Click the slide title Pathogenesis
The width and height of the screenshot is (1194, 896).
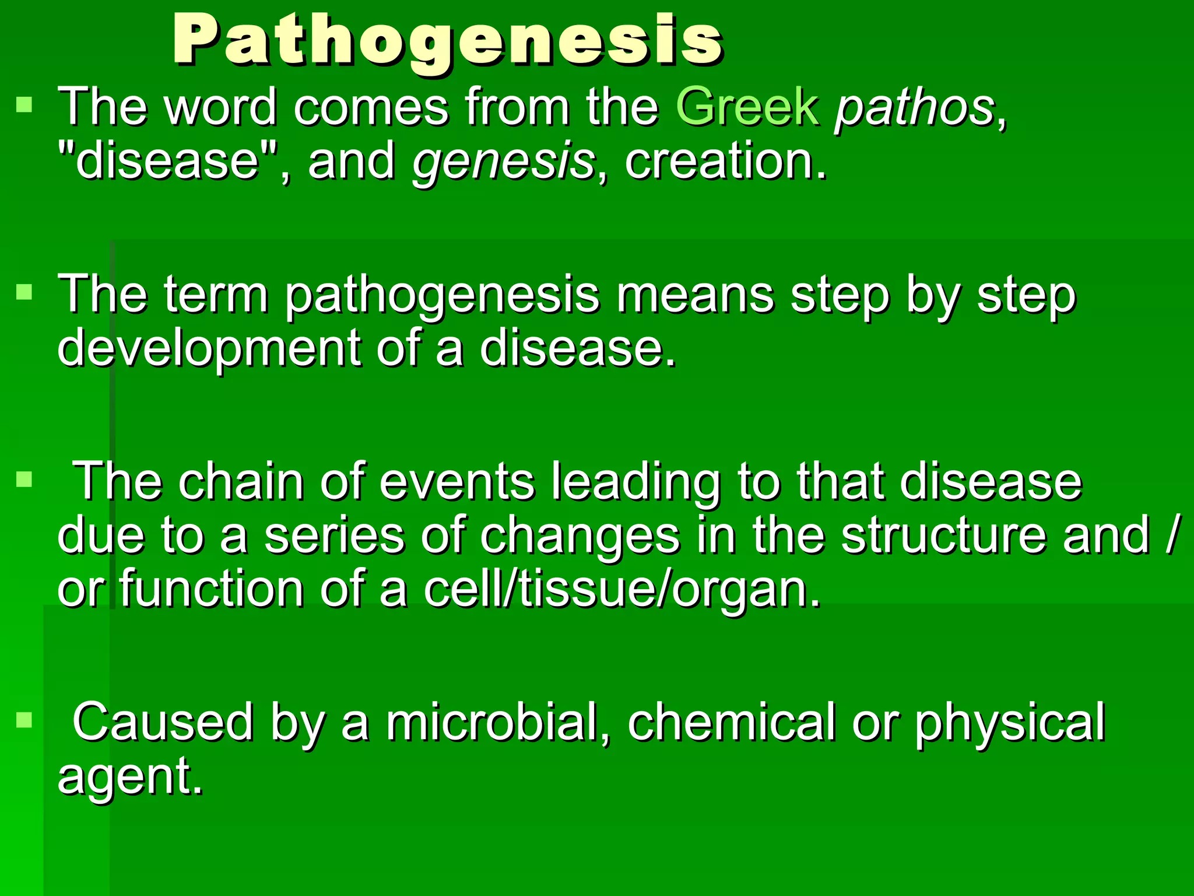point(448,41)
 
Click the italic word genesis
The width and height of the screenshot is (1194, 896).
point(503,162)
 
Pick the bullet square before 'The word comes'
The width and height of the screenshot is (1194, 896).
point(24,105)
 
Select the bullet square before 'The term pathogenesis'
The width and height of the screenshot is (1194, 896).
point(24,292)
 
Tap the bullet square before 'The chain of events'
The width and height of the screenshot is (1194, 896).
point(24,480)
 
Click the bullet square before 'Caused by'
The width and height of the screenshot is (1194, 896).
point(24,720)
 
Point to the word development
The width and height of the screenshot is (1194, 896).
point(209,349)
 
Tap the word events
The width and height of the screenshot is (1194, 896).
point(456,482)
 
